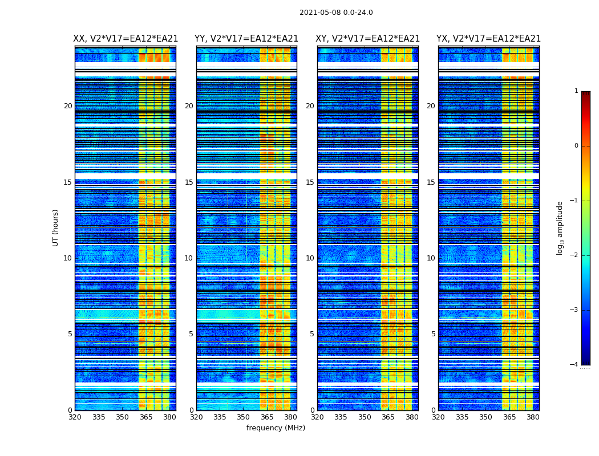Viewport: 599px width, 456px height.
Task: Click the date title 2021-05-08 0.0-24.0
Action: coord(336,13)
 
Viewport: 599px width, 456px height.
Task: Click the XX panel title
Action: coord(126,39)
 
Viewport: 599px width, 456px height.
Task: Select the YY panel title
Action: coord(246,39)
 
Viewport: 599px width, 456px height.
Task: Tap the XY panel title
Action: coord(368,39)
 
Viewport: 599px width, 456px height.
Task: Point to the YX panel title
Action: coord(488,39)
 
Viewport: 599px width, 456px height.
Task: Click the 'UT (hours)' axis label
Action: coord(56,227)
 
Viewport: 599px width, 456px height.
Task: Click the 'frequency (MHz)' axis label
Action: coord(276,428)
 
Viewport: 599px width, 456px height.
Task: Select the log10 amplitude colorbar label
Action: coord(560,227)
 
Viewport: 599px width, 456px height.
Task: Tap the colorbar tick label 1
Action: coord(576,91)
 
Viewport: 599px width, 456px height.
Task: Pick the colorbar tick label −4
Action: coord(574,365)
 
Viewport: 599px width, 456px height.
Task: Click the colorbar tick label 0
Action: coord(576,146)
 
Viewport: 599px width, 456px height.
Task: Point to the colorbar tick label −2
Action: coord(574,255)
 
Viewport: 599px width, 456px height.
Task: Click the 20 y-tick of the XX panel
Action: coord(68,106)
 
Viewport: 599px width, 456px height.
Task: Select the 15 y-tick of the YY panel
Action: coord(189,182)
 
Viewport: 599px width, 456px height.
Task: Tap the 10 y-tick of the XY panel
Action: coord(310,258)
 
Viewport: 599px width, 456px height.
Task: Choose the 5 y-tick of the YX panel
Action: coord(433,334)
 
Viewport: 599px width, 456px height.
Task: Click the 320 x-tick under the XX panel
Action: coord(75,417)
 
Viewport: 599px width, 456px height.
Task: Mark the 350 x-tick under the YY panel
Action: coord(244,417)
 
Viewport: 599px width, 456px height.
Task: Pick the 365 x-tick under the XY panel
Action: coord(388,417)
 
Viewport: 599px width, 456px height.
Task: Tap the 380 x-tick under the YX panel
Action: coord(533,417)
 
